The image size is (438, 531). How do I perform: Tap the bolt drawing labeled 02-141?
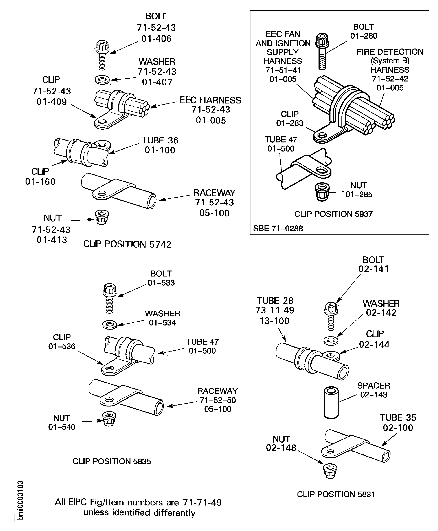click(330, 315)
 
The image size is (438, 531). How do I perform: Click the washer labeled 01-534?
click(109, 324)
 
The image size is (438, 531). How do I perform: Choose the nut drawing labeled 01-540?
click(109, 419)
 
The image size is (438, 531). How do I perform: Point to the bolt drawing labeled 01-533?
click(109, 298)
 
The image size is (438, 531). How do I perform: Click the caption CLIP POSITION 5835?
click(112, 461)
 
